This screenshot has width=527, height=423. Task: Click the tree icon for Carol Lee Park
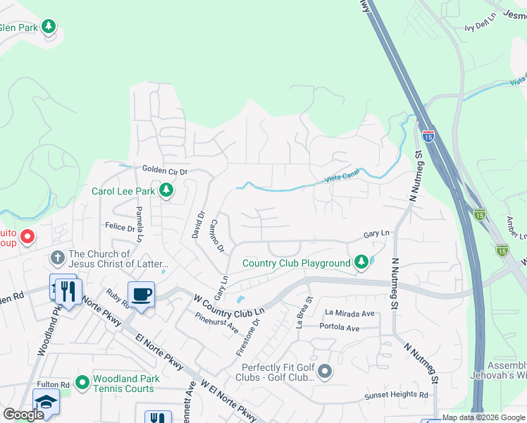166,190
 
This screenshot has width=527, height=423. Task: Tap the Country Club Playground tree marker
361,263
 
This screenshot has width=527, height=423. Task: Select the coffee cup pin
141,295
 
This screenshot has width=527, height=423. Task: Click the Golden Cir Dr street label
166,171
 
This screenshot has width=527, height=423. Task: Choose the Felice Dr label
120,228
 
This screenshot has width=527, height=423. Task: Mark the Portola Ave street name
339,328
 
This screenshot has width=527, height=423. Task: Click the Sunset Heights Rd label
396,396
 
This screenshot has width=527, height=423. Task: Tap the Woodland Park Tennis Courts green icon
82,383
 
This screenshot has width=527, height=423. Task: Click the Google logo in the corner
23,415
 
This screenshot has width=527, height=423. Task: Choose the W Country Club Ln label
229,305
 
